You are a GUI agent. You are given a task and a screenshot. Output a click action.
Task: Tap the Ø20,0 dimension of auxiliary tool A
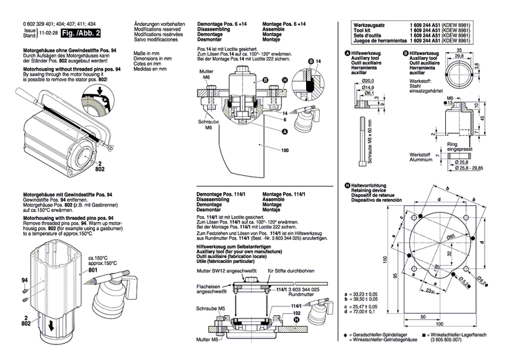[367, 81]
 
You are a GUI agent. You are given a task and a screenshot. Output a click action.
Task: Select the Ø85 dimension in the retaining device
[450, 235]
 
